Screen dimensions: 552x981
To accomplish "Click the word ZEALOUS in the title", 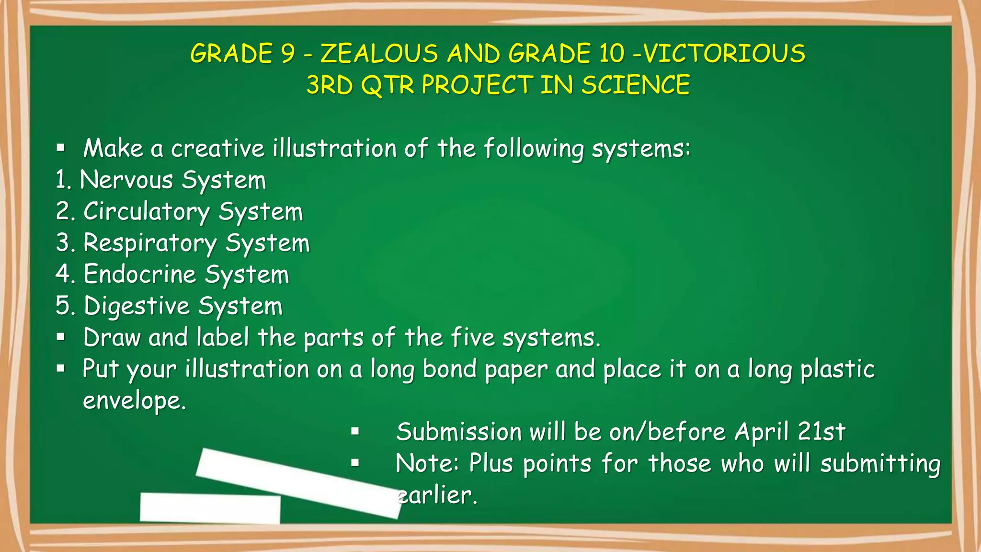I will point(379,54).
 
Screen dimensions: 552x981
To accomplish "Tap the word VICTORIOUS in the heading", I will point(724,54).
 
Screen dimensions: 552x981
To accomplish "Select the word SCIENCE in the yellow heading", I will point(636,85).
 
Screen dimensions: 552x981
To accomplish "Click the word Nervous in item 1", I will point(126,181).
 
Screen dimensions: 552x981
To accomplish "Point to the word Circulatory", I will point(147,212).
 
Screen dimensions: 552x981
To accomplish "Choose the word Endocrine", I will point(140,275).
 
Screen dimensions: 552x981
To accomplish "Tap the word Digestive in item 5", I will point(137,307).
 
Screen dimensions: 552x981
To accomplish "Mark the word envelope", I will point(134,401).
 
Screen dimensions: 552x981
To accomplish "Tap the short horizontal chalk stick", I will point(210,508).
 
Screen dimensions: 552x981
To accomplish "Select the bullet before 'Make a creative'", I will point(60,148).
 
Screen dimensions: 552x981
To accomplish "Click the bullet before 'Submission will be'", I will point(355,432).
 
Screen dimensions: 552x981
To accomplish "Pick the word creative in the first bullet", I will point(218,149).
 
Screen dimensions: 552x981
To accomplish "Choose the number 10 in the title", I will point(612,54).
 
